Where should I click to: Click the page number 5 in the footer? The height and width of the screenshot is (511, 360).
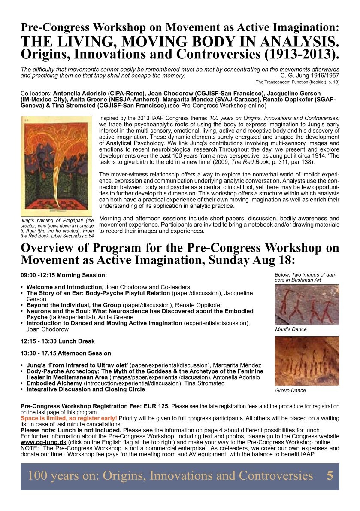point(330,476)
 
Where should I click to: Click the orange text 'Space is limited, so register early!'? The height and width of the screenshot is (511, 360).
point(69,418)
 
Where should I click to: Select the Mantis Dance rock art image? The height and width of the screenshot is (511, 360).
point(306,304)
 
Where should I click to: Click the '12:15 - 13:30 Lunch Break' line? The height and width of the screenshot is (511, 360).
point(57,341)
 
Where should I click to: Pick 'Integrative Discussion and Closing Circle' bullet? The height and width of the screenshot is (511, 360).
point(85,389)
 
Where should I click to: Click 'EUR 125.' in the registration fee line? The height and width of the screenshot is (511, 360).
point(154,406)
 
